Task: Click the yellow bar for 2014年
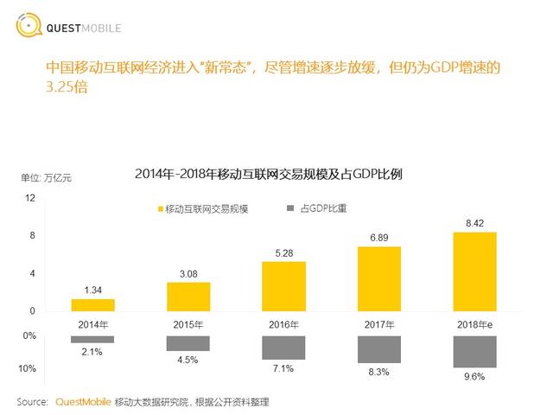[x=92, y=304]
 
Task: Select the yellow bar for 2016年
[x=283, y=285]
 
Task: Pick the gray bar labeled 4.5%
[x=188, y=343]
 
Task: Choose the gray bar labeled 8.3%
[x=379, y=349]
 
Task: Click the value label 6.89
[x=379, y=236]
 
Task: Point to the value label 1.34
[x=92, y=290]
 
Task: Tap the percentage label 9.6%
[x=474, y=377]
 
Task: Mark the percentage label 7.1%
[x=283, y=368]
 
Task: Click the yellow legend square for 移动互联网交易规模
[x=159, y=209]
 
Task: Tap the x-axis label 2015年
[x=188, y=323]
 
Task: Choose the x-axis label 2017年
[x=379, y=323]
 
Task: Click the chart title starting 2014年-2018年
[x=281, y=174]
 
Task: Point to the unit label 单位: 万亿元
[x=47, y=178]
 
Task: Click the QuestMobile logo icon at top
[x=29, y=26]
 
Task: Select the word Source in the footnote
[x=33, y=402]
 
